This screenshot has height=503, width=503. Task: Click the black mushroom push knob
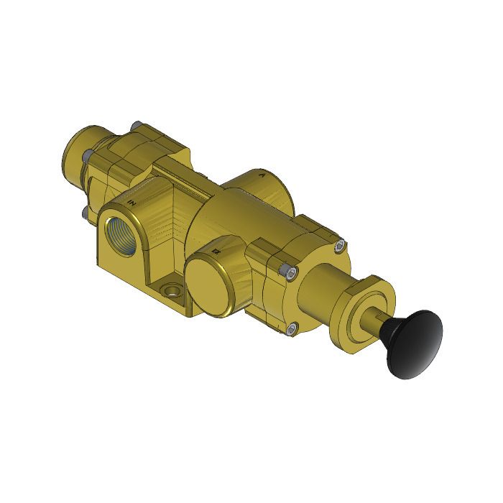click(414, 343)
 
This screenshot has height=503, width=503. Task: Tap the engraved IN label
click(131, 203)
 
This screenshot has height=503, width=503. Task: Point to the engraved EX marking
click(216, 252)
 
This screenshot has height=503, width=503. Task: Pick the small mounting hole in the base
click(172, 291)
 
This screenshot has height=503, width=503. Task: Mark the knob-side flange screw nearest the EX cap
click(288, 271)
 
